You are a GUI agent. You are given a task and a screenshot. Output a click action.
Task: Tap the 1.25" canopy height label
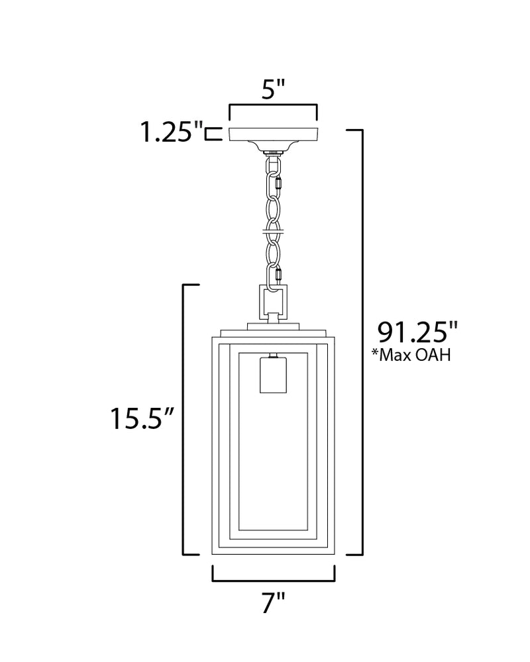(171, 132)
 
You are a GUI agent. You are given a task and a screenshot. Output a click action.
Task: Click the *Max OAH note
(411, 355)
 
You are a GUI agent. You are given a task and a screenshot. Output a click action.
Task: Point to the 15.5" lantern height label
(142, 418)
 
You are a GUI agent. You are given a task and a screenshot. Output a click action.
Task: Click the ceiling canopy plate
(274, 134)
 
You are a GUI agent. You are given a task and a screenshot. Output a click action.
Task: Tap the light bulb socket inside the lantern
(273, 375)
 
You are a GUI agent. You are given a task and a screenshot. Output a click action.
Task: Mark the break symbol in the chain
(274, 231)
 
